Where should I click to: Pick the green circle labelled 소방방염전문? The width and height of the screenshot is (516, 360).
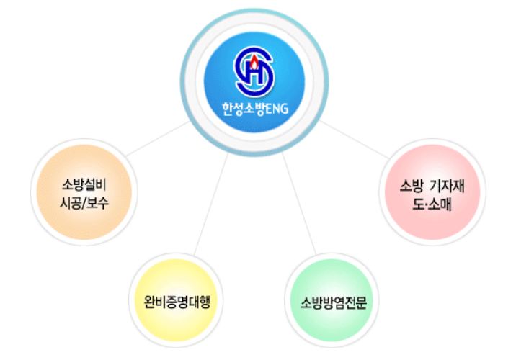334,298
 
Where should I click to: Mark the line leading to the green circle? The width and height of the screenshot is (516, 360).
299,202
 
